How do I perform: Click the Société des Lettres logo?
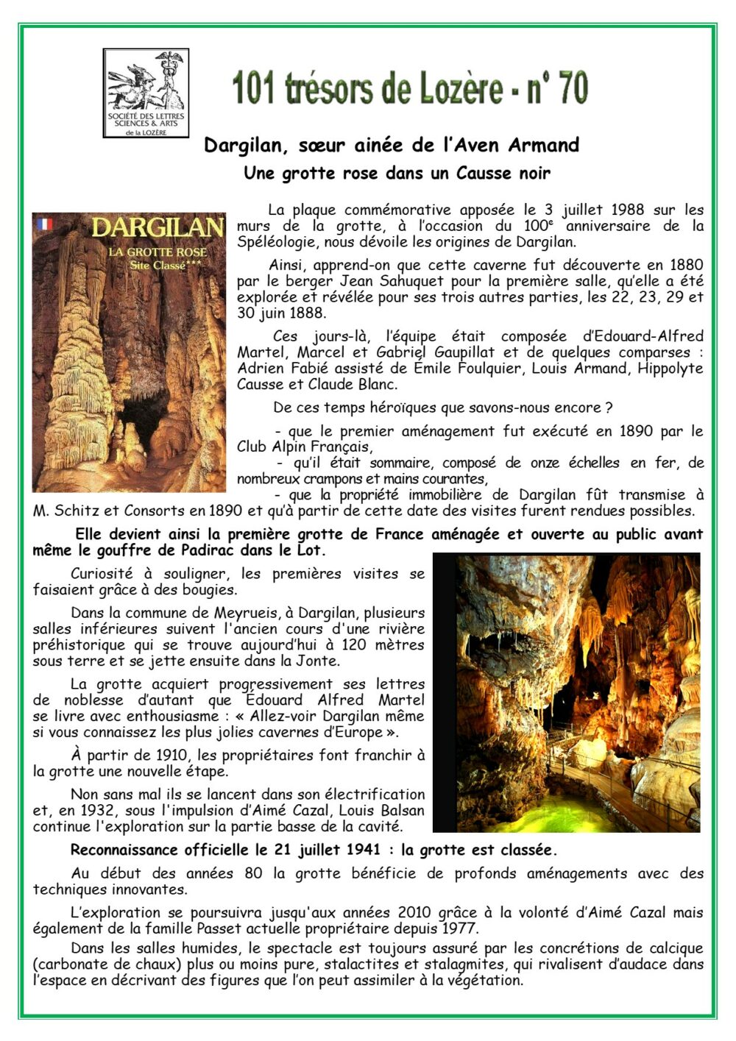pyautogui.click(x=146, y=93)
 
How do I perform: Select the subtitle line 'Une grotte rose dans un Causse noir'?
pyautogui.click(x=397, y=174)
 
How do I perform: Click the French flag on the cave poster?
pyautogui.click(x=45, y=224)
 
